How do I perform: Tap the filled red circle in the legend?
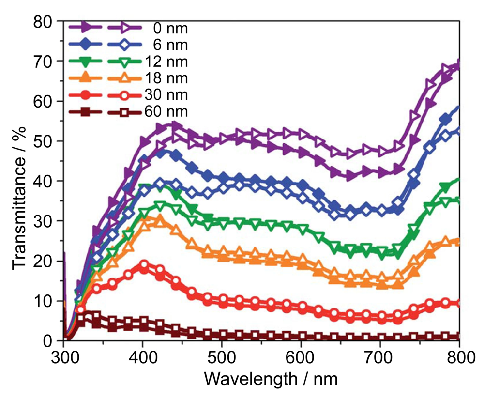[x=85, y=95]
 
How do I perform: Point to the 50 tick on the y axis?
[x=46, y=141]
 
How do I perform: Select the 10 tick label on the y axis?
[x=46, y=301]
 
